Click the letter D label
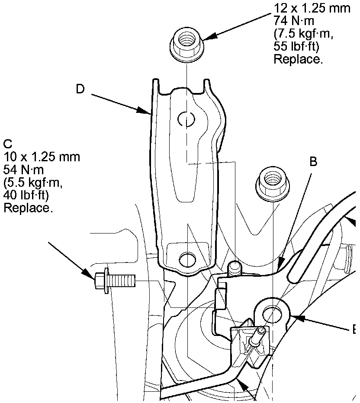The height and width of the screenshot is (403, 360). click(80, 89)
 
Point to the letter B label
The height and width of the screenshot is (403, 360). click(313, 162)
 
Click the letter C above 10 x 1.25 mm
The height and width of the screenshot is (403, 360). click(8, 144)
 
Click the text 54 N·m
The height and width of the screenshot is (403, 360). click(23, 170)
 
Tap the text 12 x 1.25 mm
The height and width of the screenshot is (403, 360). click(312, 8)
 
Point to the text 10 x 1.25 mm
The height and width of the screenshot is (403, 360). click(42, 157)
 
